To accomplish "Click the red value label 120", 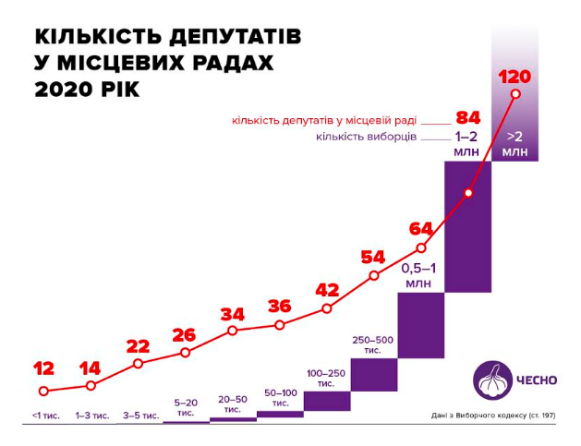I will point(514,77).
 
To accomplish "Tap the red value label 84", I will point(468,118).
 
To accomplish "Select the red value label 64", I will point(421,228).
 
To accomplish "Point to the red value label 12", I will point(44,368).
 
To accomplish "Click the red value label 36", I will point(279,307).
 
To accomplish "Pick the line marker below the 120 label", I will point(515,93).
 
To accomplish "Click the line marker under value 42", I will point(327,308).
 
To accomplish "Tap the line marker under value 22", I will point(138,363).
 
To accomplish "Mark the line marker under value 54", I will point(374,275).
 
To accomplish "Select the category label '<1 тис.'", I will point(44,416).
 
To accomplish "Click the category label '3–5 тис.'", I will point(138,416).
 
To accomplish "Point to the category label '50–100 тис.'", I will point(280,398).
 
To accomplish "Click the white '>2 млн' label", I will point(515,144).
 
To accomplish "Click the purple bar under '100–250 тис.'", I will point(327,402).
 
